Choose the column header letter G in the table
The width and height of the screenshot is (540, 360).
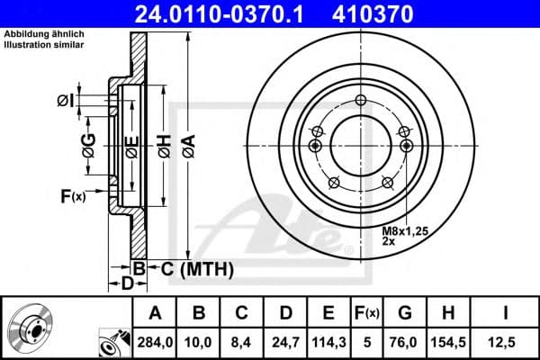point(404,314)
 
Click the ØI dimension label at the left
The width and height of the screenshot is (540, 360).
point(64,100)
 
